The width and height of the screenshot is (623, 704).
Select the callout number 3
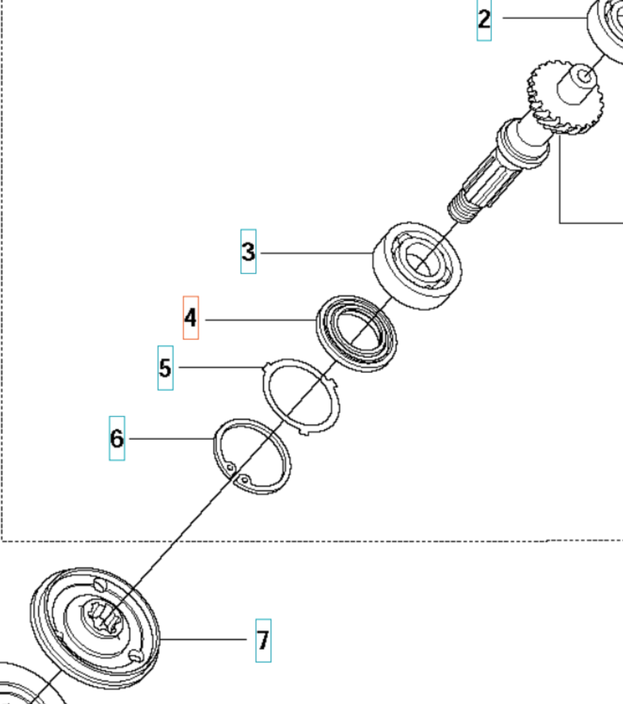[x=248, y=251]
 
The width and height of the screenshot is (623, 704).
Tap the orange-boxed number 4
[x=191, y=318]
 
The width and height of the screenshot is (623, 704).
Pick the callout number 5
[x=165, y=368]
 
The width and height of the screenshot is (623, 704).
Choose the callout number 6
[x=117, y=438]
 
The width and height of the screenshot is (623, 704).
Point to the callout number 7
[x=263, y=640]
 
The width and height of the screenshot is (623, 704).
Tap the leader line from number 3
[x=315, y=253]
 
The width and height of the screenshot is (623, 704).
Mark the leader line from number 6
[x=169, y=439]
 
